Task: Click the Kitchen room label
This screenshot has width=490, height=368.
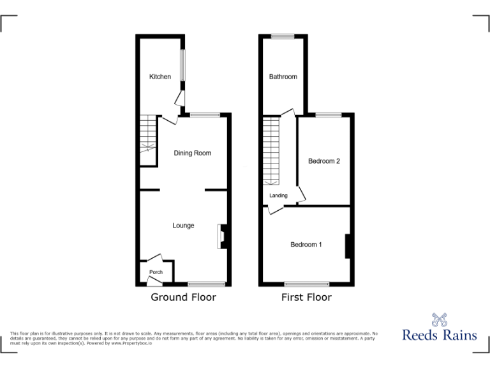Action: point(160,77)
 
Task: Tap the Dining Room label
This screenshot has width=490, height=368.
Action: point(192,153)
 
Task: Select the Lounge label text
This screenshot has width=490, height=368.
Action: point(183,226)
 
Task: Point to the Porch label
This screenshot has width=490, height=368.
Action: point(156,272)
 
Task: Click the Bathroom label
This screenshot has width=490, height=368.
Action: point(283,77)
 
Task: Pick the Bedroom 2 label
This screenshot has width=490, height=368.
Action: point(323,161)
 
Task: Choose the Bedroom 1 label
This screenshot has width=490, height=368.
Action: point(306,245)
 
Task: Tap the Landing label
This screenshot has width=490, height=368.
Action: point(279,195)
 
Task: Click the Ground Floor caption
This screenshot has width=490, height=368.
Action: point(183,297)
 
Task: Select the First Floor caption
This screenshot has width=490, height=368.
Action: point(306,297)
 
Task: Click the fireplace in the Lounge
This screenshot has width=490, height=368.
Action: point(223,235)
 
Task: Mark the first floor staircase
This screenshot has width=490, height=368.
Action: point(272,150)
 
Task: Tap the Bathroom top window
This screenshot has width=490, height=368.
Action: point(282,36)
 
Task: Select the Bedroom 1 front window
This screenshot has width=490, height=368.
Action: point(306,284)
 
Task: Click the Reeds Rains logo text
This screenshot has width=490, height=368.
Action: point(439,335)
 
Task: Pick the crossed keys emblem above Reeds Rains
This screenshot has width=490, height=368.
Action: point(439,319)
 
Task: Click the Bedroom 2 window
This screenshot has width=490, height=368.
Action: point(328,114)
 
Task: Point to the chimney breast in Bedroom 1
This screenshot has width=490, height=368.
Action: point(348,246)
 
